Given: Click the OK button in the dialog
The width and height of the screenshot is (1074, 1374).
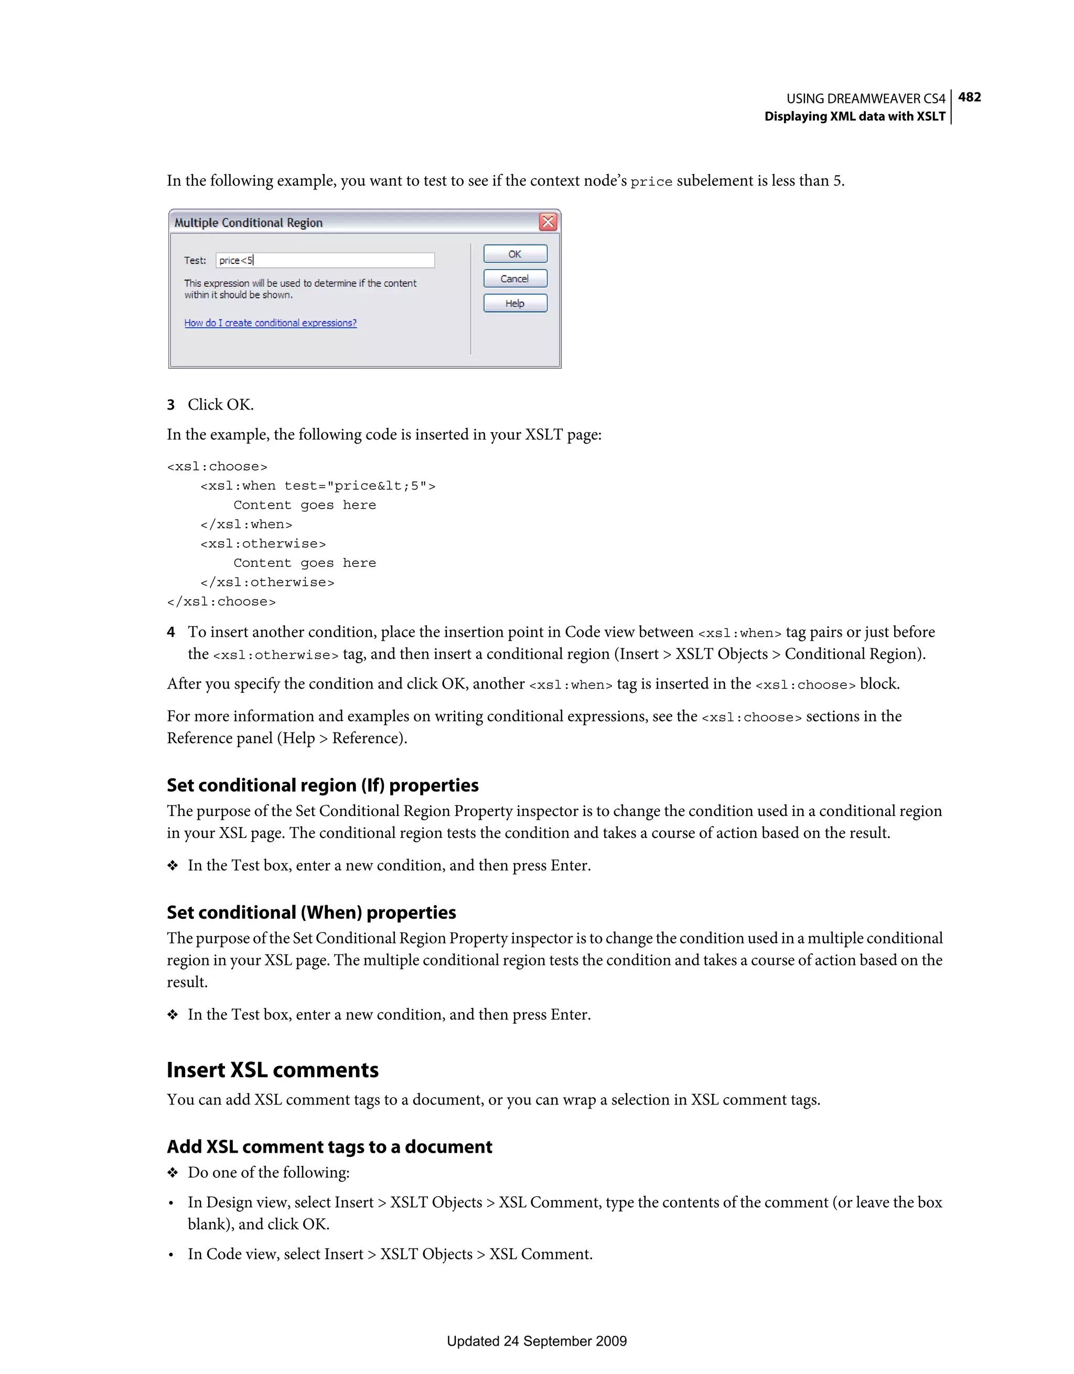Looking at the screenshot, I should coord(514,254).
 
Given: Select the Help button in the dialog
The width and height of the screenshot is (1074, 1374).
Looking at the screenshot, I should coord(514,303).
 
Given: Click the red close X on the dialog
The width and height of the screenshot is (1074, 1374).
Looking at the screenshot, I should coord(548,222).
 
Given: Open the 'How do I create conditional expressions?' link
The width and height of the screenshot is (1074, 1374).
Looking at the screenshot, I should coord(270,323).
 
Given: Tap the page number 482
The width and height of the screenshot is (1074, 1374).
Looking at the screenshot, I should coord(969,97).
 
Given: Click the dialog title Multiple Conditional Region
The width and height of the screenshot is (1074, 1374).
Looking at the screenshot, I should coord(248,223).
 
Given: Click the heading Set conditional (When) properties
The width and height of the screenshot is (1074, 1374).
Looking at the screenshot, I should coord(311,912).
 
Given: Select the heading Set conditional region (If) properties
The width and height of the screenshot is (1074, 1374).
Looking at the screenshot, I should coord(322,785).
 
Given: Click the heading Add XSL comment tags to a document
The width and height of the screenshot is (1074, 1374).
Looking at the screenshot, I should coord(329,1146).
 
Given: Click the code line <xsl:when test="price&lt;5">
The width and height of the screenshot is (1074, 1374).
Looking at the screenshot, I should coord(318,486).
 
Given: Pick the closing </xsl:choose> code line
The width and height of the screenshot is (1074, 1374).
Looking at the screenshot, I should coord(221,602).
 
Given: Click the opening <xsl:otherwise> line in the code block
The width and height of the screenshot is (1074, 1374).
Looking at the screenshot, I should coord(263,543).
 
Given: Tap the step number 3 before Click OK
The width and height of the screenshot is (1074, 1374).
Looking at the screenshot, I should coord(170,404).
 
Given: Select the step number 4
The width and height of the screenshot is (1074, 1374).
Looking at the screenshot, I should coord(170,631).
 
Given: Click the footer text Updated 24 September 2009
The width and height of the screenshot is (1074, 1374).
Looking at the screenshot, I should coord(536,1340).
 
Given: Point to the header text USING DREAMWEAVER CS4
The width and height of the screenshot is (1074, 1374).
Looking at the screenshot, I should coord(865,99).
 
